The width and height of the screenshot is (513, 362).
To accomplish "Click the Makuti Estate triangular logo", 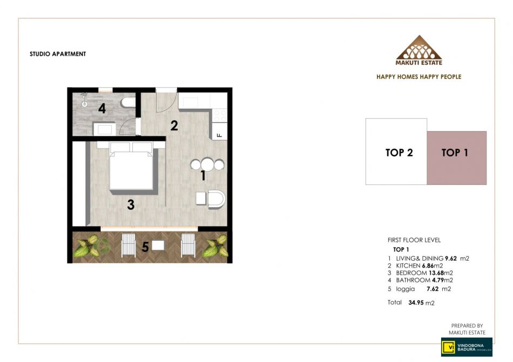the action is click(x=419, y=50).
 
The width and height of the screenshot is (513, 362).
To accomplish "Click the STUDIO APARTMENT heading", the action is click(x=58, y=54).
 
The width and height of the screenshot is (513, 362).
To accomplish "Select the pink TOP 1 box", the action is click(x=456, y=158).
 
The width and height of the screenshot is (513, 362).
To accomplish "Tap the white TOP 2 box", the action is click(x=396, y=152).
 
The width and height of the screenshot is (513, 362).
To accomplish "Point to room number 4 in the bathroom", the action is click(x=102, y=108).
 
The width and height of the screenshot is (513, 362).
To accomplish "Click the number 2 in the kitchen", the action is click(x=174, y=126).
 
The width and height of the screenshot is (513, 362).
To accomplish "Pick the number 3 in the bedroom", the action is click(x=131, y=205).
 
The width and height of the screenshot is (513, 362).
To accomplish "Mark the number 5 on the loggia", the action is click(x=145, y=247).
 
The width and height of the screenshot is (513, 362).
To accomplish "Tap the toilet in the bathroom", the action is click(x=128, y=103).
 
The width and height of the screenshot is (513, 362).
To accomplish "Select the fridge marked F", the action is click(x=220, y=131).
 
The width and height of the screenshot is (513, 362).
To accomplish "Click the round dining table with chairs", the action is click(x=207, y=165).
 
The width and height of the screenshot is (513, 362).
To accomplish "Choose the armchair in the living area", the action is click(x=216, y=199).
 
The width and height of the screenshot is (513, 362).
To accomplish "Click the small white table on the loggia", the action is click(x=158, y=245).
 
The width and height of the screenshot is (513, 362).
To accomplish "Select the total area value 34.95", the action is click(x=416, y=303).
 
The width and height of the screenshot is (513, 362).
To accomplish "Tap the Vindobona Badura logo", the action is click(x=467, y=347).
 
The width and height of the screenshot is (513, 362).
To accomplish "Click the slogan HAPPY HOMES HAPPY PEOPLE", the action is click(x=419, y=77).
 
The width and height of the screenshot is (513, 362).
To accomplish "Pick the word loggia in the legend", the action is click(x=406, y=289).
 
